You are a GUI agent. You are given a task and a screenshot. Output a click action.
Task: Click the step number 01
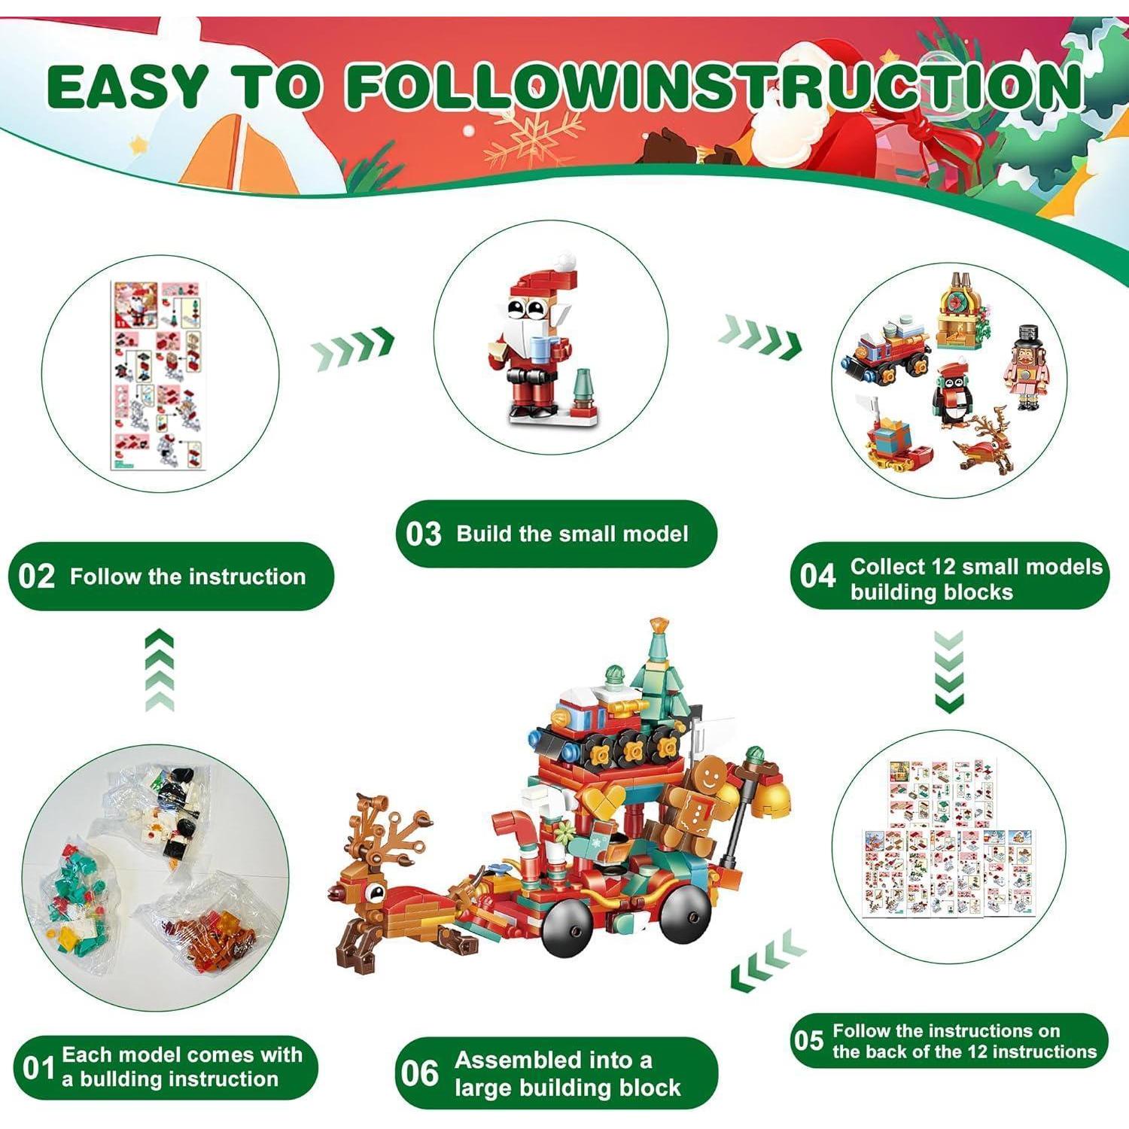[x=38, y=1067]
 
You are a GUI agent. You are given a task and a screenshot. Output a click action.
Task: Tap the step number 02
[x=36, y=577]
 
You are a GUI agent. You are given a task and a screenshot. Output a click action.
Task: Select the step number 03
[x=424, y=534]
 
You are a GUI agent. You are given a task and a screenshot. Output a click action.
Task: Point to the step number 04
[x=818, y=577]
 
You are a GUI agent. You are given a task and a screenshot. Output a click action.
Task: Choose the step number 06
[x=420, y=1073]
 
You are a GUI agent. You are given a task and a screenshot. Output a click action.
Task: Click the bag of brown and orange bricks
[x=203, y=926]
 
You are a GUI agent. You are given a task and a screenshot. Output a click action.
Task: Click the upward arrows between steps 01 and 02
[x=160, y=671]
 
